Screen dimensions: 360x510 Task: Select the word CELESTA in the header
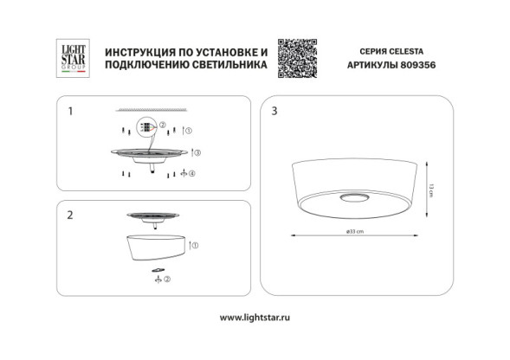click(407, 51)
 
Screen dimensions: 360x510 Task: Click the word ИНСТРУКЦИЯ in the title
click(135, 52)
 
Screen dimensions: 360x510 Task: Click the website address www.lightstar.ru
click(255, 317)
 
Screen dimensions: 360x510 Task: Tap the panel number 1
click(70, 112)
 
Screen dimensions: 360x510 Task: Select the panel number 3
click(274, 112)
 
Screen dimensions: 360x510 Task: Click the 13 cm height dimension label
click(429, 185)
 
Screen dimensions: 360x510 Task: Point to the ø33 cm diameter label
click(353, 232)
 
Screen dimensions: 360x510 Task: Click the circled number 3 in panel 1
click(197, 152)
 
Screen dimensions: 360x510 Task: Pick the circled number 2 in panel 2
click(168, 280)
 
